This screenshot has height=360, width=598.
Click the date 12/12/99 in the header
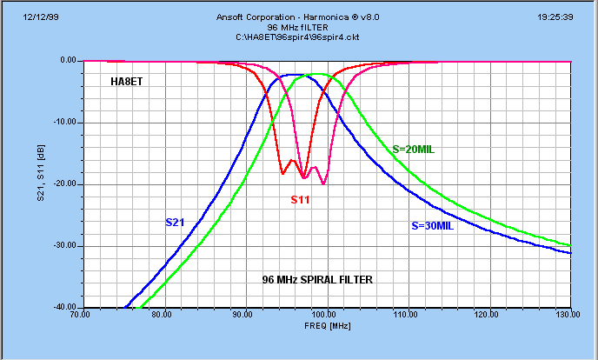[27, 17]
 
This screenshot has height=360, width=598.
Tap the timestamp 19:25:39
[567, 17]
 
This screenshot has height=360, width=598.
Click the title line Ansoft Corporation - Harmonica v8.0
[299, 17]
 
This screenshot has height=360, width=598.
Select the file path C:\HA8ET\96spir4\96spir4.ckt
[299, 37]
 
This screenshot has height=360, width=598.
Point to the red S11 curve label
[301, 200]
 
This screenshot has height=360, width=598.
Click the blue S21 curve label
[175, 223]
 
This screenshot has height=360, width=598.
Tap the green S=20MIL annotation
[413, 149]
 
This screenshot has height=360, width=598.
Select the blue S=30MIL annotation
[433, 226]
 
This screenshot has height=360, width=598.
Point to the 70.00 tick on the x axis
[81, 315]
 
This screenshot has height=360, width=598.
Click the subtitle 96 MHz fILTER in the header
[299, 27]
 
